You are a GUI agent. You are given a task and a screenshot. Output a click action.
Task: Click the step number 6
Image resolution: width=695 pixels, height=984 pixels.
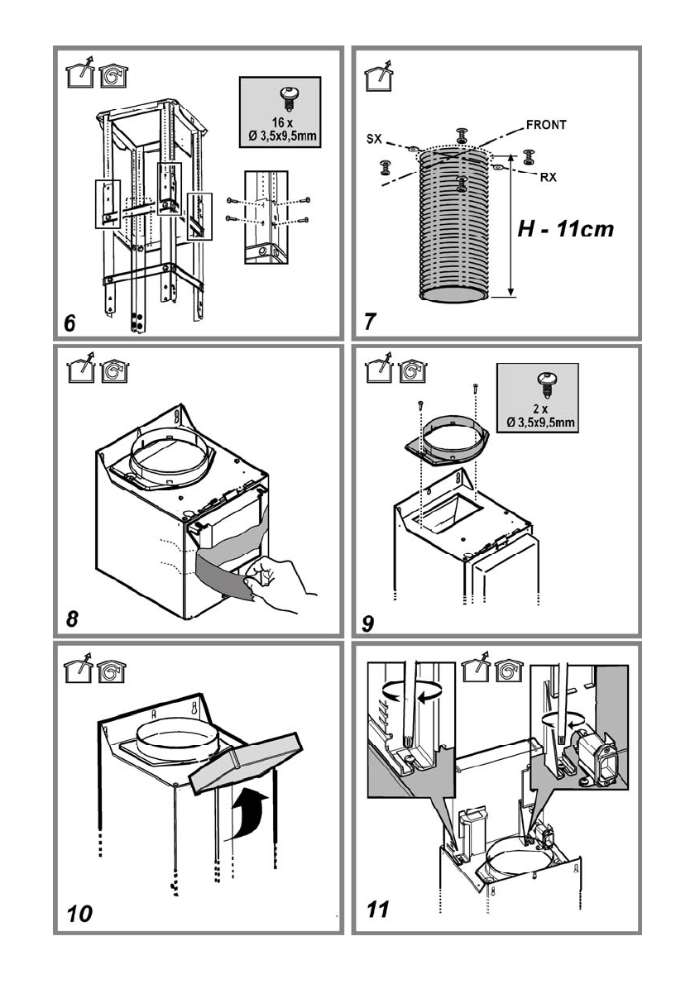[x=70, y=323]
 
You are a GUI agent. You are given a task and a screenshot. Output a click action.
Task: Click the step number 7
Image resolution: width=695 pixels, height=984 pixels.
[x=370, y=323]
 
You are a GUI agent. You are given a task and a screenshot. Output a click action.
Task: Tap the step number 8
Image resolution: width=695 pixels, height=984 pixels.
[x=72, y=619]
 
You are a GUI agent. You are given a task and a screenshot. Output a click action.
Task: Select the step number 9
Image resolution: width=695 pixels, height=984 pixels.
[x=369, y=623]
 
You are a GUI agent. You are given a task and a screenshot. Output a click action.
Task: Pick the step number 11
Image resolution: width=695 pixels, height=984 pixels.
[x=377, y=910]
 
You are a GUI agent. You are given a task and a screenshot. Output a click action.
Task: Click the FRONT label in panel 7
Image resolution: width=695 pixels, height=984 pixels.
[x=546, y=126]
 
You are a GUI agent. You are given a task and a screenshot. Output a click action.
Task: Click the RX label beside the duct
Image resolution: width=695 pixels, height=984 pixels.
[x=548, y=177]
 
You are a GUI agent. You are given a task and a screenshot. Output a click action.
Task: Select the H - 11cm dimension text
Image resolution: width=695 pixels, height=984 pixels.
[x=566, y=229]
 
